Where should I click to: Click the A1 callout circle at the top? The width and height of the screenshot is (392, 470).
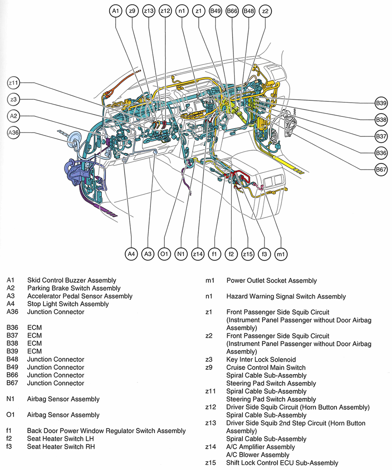tap(116, 11)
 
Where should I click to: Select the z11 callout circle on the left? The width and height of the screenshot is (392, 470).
tap(14, 82)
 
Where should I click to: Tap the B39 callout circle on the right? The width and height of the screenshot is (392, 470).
tap(381, 103)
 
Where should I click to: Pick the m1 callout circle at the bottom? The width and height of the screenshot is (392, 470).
tap(281, 254)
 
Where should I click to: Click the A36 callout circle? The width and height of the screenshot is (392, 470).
tap(14, 132)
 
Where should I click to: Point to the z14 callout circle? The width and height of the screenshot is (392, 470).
tap(198, 254)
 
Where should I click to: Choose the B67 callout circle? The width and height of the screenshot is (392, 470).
tap(381, 169)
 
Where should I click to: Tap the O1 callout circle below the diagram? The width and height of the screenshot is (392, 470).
tap(164, 254)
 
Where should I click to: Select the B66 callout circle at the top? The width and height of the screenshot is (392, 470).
tap(232, 11)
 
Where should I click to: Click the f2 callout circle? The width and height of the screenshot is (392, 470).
tap(231, 254)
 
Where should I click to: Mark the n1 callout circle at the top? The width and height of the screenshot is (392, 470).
tap(182, 11)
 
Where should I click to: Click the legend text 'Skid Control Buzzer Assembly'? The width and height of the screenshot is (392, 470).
tap(72, 280)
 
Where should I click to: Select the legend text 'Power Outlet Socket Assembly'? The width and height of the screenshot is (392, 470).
tap(272, 281)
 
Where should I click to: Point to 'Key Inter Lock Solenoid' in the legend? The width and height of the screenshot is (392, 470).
tap(261, 360)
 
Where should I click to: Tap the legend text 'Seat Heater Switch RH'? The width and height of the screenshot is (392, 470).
tap(61, 446)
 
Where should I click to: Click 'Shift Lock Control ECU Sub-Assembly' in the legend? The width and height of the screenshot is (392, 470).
tap(282, 463)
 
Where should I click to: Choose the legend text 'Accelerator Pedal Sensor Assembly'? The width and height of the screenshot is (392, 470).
tap(80, 296)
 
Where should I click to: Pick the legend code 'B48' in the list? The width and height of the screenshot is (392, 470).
tap(13, 359)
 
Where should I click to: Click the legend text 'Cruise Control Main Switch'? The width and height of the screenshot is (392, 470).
tap(266, 368)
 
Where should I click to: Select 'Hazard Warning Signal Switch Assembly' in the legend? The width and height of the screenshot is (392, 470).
tap(286, 297)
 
